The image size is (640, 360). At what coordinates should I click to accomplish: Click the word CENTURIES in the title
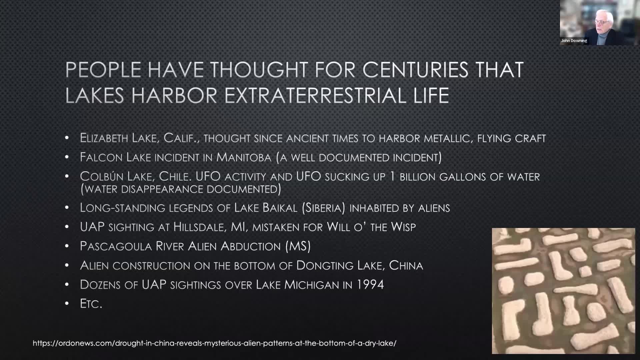[415, 70]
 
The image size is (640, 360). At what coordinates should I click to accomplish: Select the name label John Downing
[574, 41]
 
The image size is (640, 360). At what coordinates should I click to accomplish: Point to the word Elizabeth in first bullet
[104, 138]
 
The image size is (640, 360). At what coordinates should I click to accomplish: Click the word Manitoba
[244, 157]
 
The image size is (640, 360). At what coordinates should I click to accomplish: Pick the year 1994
[370, 285]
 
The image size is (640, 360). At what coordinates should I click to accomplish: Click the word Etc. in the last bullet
[91, 304]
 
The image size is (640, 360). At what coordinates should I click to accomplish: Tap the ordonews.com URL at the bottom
[215, 343]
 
